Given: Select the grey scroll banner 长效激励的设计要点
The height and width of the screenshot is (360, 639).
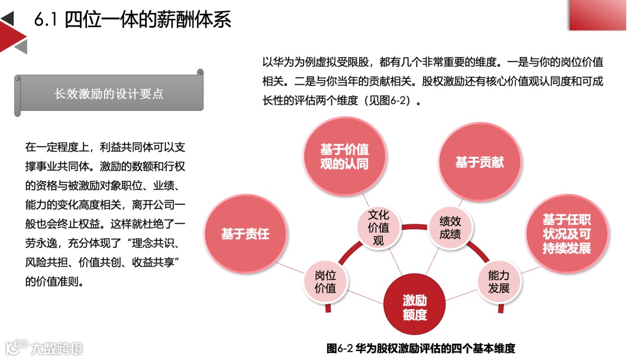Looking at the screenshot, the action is [x=109, y=93].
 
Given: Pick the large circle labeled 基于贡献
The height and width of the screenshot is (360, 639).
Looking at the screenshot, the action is [x=479, y=162].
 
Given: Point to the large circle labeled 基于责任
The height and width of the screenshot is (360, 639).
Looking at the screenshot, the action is [x=245, y=234].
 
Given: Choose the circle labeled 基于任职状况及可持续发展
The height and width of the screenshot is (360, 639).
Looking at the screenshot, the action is [x=566, y=234].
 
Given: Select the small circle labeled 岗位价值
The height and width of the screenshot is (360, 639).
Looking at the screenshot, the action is [x=325, y=282].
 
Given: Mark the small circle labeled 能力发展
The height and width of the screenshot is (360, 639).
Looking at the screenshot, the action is [x=498, y=282].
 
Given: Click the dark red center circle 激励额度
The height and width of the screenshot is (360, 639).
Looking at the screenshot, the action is [x=415, y=307].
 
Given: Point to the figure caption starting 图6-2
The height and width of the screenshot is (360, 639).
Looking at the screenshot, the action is [x=421, y=348].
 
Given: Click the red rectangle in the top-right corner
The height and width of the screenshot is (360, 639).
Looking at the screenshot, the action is [x=597, y=15].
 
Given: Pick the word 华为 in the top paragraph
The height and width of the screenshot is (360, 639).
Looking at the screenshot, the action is [x=283, y=62].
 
